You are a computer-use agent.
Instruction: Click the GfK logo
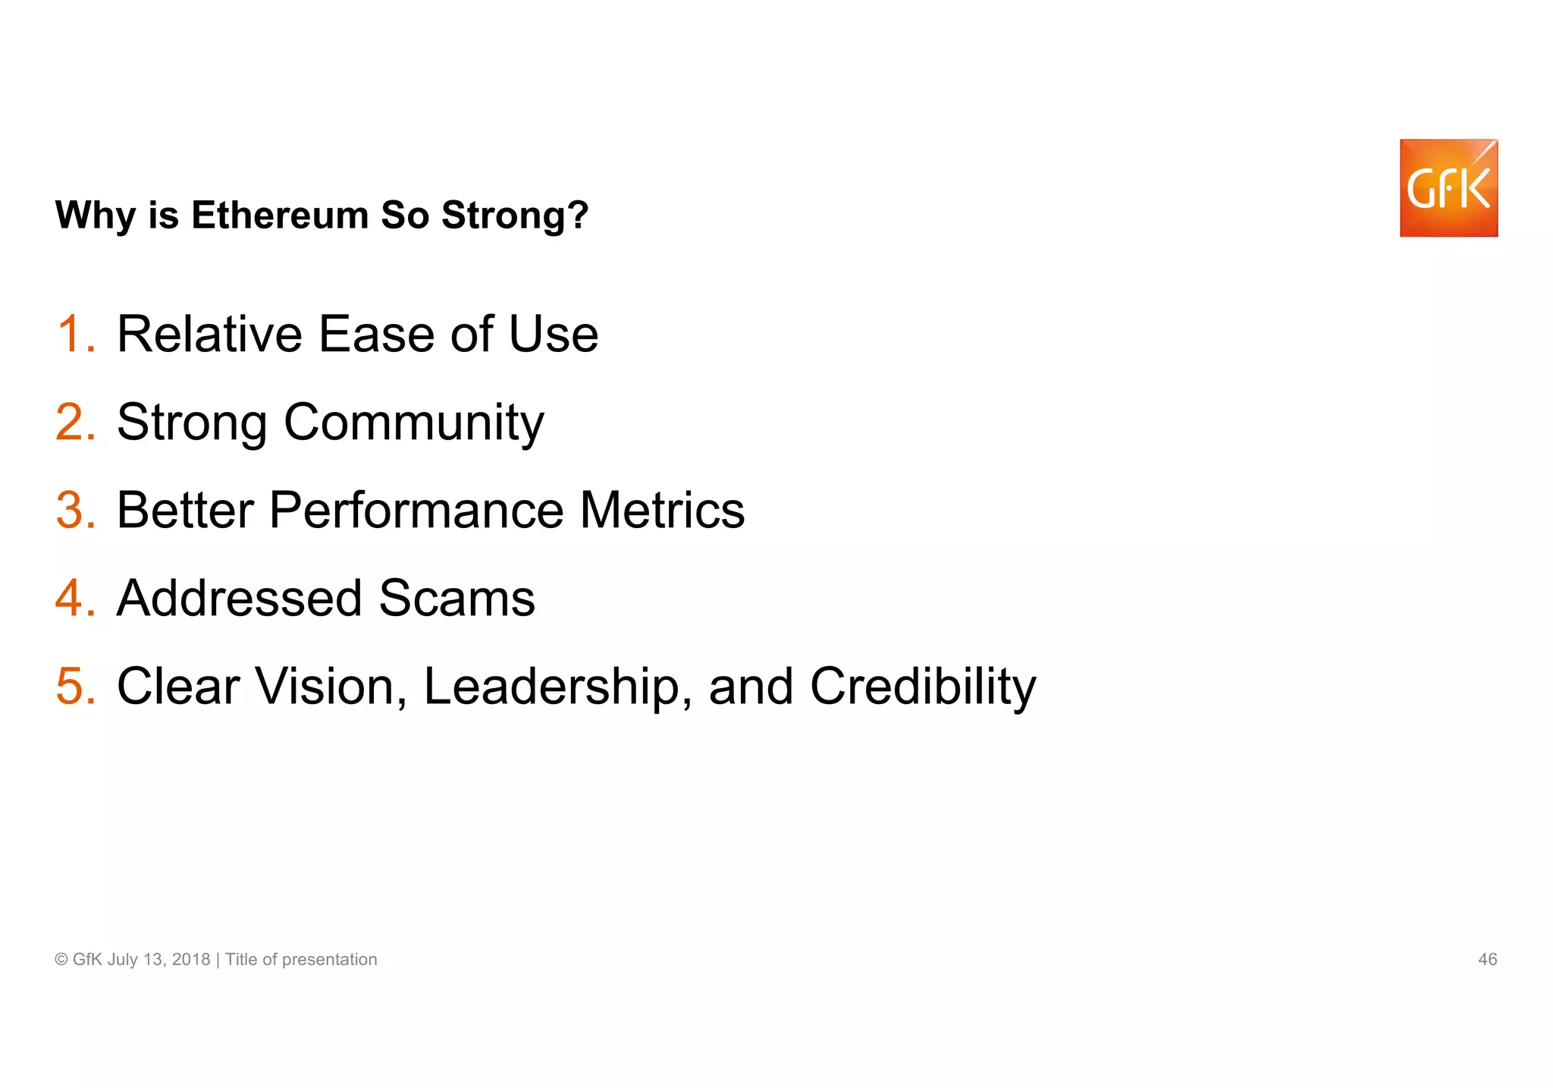1448,188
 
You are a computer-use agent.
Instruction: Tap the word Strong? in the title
515,215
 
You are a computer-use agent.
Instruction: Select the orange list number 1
75,334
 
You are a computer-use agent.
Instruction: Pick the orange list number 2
75,422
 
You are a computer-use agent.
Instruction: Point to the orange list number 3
75,510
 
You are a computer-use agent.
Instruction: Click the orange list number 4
75,598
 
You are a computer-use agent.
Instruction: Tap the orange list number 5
75,686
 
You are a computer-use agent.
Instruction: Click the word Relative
209,334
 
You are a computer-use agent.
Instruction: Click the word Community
413,423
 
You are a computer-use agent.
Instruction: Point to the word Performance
416,510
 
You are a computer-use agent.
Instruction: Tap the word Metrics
662,510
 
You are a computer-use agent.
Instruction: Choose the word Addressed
240,598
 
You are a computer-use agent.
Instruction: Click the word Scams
456,598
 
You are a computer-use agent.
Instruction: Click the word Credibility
923,686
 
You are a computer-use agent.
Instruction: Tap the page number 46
1487,959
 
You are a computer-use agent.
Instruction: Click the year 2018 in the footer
191,959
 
